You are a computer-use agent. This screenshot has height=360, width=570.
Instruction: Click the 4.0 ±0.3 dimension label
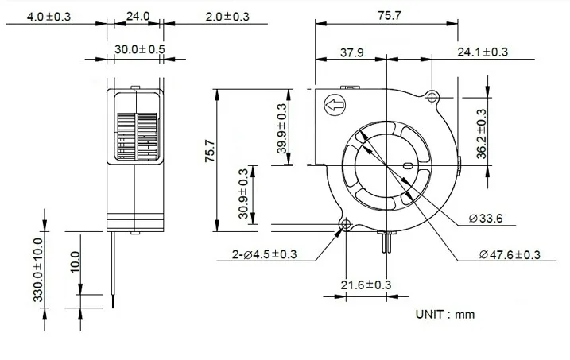tap(48, 17)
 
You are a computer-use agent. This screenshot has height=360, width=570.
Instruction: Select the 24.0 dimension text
tap(138, 16)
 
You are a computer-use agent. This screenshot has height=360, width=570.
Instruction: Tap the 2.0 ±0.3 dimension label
tap(227, 17)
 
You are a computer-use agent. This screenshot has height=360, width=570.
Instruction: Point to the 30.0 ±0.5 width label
tap(140, 49)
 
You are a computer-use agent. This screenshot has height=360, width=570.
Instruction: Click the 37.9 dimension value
tap(352, 52)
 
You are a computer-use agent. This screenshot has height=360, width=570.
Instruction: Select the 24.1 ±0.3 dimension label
tap(483, 52)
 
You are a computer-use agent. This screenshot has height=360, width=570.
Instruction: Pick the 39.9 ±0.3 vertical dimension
tap(281, 129)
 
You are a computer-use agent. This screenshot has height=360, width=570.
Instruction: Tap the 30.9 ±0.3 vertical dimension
tap(243, 194)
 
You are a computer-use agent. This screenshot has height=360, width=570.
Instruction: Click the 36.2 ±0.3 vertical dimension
tap(481, 134)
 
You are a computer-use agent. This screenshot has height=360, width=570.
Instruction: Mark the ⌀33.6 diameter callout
tap(486, 219)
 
